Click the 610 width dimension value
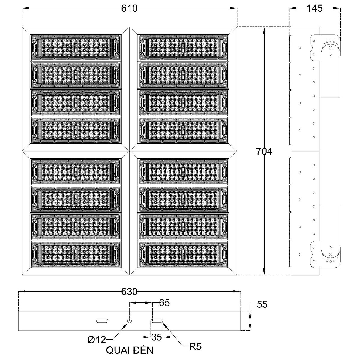tap(129, 9)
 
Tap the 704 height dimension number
tap(264, 151)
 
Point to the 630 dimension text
tap(129, 291)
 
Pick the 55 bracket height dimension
tap(262, 305)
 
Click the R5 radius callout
tap(195, 347)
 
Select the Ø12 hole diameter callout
tap(97, 340)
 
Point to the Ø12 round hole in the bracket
tap(130, 321)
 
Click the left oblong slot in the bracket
tap(102, 321)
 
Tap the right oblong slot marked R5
tap(157, 321)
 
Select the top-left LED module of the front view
tap(76, 47)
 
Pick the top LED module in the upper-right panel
tap(183, 47)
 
